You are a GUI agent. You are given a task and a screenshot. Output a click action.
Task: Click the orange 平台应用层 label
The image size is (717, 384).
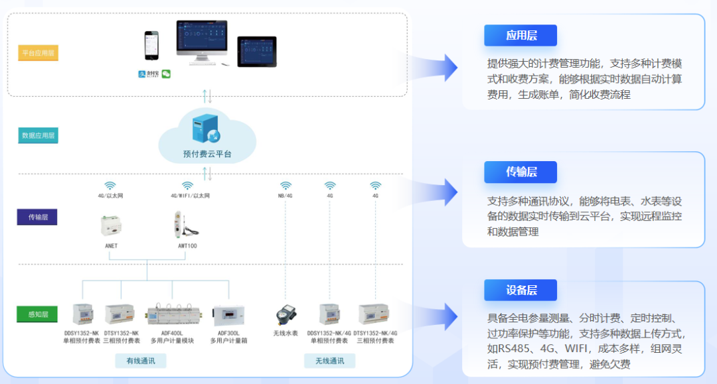38,52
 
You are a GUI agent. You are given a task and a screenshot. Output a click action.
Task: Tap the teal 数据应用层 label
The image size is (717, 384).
38,135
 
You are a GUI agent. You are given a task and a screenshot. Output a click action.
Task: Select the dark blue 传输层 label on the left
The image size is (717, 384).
37,217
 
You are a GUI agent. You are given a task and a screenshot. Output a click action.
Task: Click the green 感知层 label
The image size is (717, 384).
37,314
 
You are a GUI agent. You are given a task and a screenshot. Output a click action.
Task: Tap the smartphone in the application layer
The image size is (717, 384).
152,46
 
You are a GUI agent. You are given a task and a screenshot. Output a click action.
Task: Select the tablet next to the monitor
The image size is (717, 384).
257,51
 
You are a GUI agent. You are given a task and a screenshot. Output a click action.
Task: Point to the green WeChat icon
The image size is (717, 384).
166,74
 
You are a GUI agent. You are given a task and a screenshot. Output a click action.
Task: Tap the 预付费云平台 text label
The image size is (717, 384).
207,154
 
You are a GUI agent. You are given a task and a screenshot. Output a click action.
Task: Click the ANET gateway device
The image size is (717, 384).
111,226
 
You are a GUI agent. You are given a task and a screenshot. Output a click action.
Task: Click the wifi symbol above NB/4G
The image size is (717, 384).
285,186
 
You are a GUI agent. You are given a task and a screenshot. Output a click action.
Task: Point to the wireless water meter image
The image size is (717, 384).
286,314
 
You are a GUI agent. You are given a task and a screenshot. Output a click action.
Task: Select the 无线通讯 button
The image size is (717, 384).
329,361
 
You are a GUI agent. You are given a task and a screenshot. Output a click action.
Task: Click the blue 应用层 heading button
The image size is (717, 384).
520,36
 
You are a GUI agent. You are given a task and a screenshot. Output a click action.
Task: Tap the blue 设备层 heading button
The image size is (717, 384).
520,290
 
